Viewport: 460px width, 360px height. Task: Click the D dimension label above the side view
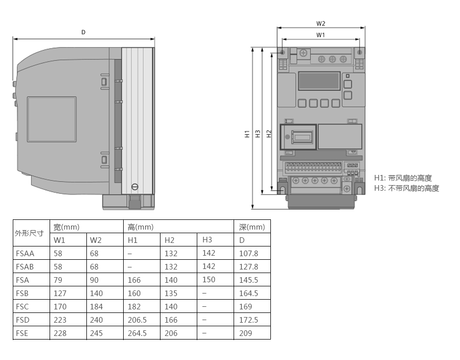coord(83,32)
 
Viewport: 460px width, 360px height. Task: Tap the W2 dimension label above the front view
coord(320,24)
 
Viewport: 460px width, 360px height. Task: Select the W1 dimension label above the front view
coord(320,35)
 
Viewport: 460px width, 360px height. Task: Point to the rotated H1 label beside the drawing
coord(247,134)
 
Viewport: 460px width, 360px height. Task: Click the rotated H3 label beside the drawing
coord(258,134)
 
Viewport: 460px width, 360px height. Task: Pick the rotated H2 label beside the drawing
coord(269,134)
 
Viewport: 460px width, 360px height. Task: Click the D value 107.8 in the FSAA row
coord(248,254)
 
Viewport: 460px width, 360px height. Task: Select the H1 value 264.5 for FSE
coord(137,333)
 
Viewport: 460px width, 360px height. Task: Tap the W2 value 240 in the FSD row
coord(96,320)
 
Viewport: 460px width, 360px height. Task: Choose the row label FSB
coord(22,294)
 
